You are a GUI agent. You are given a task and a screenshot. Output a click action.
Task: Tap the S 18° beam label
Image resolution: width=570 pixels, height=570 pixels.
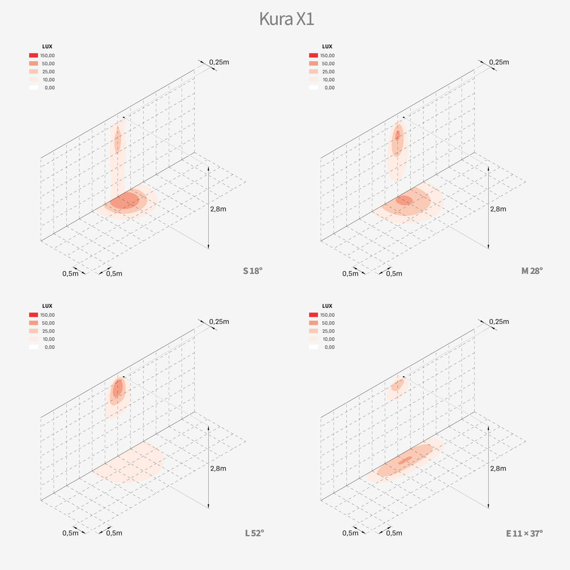pos(252,271)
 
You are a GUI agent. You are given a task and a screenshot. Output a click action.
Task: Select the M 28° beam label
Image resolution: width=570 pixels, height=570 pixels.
pos(532,271)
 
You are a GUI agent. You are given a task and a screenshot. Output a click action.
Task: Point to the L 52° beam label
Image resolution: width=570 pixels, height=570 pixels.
pos(254,533)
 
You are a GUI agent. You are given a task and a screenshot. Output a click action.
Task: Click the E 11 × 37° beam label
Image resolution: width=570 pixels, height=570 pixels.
pos(524,533)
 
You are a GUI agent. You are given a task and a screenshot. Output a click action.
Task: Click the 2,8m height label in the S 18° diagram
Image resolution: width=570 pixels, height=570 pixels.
pos(218,209)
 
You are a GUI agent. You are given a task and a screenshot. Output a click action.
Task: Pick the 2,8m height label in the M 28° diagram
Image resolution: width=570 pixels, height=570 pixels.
pos(498,209)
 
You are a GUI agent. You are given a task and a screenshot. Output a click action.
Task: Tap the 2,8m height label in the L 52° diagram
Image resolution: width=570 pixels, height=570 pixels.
pos(218,468)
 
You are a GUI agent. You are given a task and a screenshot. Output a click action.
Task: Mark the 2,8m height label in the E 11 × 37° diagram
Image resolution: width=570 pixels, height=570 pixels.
pos(498,468)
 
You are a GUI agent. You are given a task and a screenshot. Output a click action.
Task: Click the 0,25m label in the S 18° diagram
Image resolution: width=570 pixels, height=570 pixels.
pos(219,62)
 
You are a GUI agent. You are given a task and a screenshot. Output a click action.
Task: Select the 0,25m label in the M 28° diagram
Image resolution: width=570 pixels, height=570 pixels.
pos(499,62)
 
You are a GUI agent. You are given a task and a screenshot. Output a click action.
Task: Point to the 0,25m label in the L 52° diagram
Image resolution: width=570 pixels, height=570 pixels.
pos(219,321)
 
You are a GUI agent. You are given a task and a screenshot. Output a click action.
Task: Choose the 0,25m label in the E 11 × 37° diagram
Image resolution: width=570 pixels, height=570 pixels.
pos(499,321)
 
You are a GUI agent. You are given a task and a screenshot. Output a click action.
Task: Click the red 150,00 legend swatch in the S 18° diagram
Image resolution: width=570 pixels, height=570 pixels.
pos(33,56)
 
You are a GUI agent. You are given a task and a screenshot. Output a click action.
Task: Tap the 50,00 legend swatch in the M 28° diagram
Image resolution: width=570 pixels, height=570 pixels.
pos(313,63)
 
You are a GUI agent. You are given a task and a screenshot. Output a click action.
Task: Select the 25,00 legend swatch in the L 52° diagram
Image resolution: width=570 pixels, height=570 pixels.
pos(33,331)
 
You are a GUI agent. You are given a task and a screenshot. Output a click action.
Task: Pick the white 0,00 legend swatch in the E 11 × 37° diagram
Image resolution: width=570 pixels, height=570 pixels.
pos(313,347)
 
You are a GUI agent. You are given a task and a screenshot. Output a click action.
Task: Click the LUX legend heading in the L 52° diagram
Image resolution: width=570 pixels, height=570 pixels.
pos(47,306)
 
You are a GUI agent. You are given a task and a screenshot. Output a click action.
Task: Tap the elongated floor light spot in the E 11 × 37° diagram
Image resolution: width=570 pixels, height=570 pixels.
pos(405,461)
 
